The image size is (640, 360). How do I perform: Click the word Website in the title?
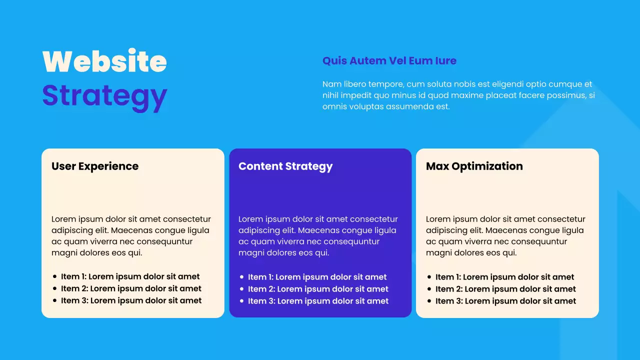coord(104,61)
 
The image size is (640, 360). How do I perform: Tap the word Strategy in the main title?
coord(104,95)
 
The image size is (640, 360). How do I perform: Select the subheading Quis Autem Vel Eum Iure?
coord(389,61)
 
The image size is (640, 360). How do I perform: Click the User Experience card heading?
coord(95,166)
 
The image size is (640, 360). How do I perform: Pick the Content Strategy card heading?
coord(285,166)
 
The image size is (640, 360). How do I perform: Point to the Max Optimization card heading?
coord(474,166)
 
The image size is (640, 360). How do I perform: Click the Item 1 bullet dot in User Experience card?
coord(54,276)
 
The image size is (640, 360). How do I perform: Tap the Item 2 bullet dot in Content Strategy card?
coord(241,289)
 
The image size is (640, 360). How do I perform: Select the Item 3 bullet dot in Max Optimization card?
coord(429,301)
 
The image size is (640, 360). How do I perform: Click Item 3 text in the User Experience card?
coord(131,300)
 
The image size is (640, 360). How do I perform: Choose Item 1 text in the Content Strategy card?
coord(317,277)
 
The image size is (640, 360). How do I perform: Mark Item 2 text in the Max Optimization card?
coord(505,289)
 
